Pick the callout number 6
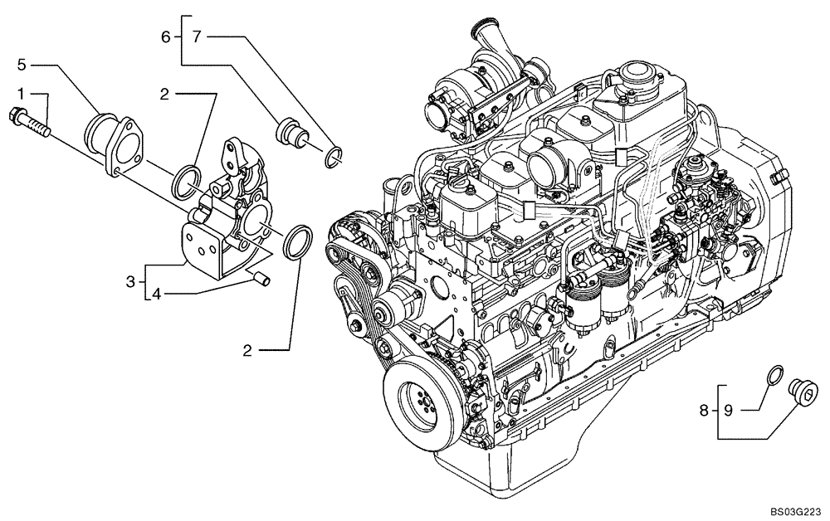(165, 37)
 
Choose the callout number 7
(196, 37)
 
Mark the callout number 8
(704, 409)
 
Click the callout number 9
(727, 409)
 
